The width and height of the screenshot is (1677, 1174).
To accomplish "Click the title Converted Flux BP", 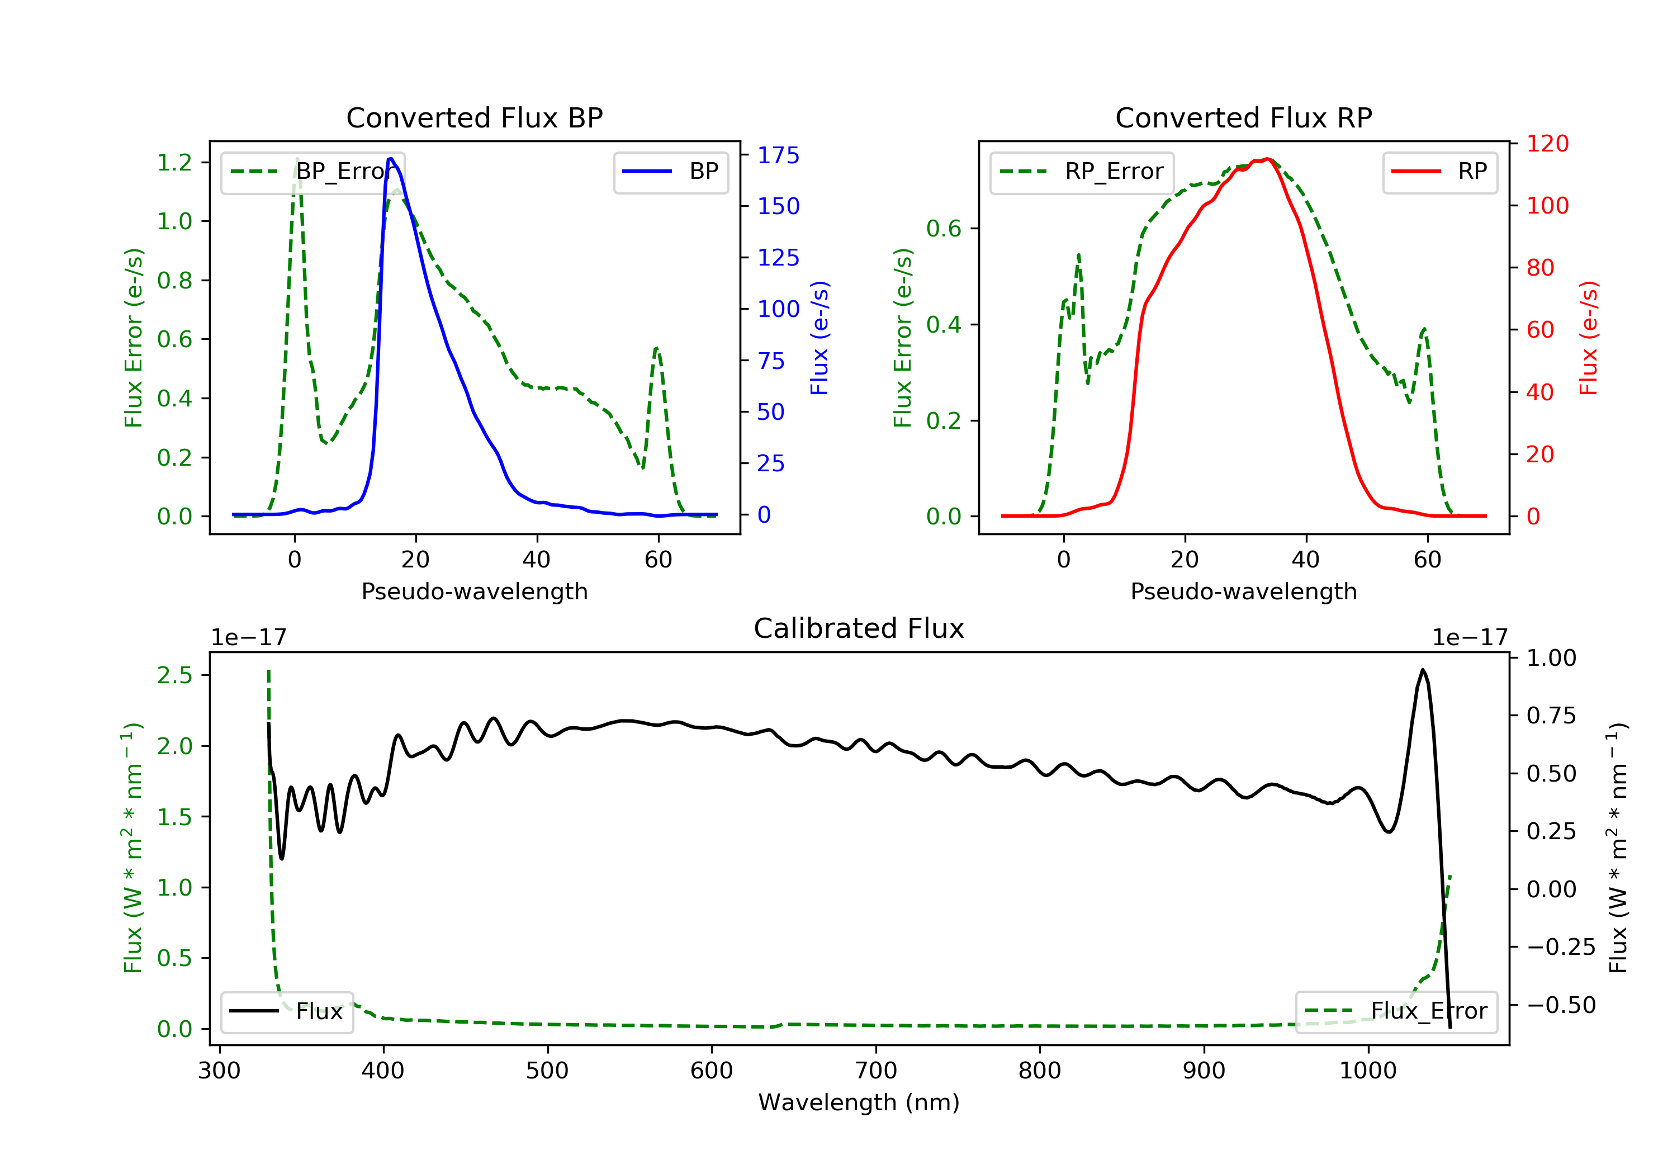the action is [x=475, y=117].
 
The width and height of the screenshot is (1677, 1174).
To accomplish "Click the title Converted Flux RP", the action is [x=1244, y=117].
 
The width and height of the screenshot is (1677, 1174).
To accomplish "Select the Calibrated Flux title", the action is [x=859, y=628].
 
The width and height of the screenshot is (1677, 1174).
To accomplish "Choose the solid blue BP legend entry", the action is [x=670, y=172].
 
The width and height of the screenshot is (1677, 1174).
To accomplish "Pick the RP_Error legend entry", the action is [x=1082, y=172].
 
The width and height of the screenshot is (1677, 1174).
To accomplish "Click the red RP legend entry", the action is [x=1439, y=172].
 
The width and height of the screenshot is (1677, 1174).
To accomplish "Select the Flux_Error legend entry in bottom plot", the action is [x=1396, y=1011].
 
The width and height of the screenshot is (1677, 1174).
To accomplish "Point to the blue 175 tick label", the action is [x=779, y=155].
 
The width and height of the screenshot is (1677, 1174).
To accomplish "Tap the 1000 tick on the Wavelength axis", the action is [x=1368, y=1071].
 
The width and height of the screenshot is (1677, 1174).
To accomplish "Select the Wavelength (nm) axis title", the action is [x=859, y=1102].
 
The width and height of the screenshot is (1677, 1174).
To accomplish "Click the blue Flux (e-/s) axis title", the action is [x=819, y=338].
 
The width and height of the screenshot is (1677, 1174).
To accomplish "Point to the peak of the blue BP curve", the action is [x=391, y=159].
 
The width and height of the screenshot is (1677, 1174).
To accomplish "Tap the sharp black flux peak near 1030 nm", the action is [x=1422, y=670].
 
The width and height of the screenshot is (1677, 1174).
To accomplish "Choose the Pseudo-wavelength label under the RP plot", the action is [x=1244, y=591].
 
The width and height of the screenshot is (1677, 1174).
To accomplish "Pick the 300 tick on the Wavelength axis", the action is [x=220, y=1071].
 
